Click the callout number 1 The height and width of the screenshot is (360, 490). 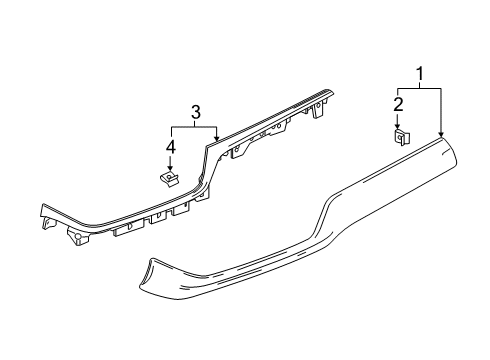coord(419,73)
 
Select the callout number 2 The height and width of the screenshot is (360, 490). coord(397,104)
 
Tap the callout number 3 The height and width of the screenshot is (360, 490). coord(196,112)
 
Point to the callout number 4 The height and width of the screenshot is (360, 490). coord(170,148)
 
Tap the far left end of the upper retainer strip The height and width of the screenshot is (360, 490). coord(43,212)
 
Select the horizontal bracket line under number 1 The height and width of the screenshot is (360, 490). coord(419,88)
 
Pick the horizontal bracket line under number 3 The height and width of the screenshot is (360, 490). coord(194,127)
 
